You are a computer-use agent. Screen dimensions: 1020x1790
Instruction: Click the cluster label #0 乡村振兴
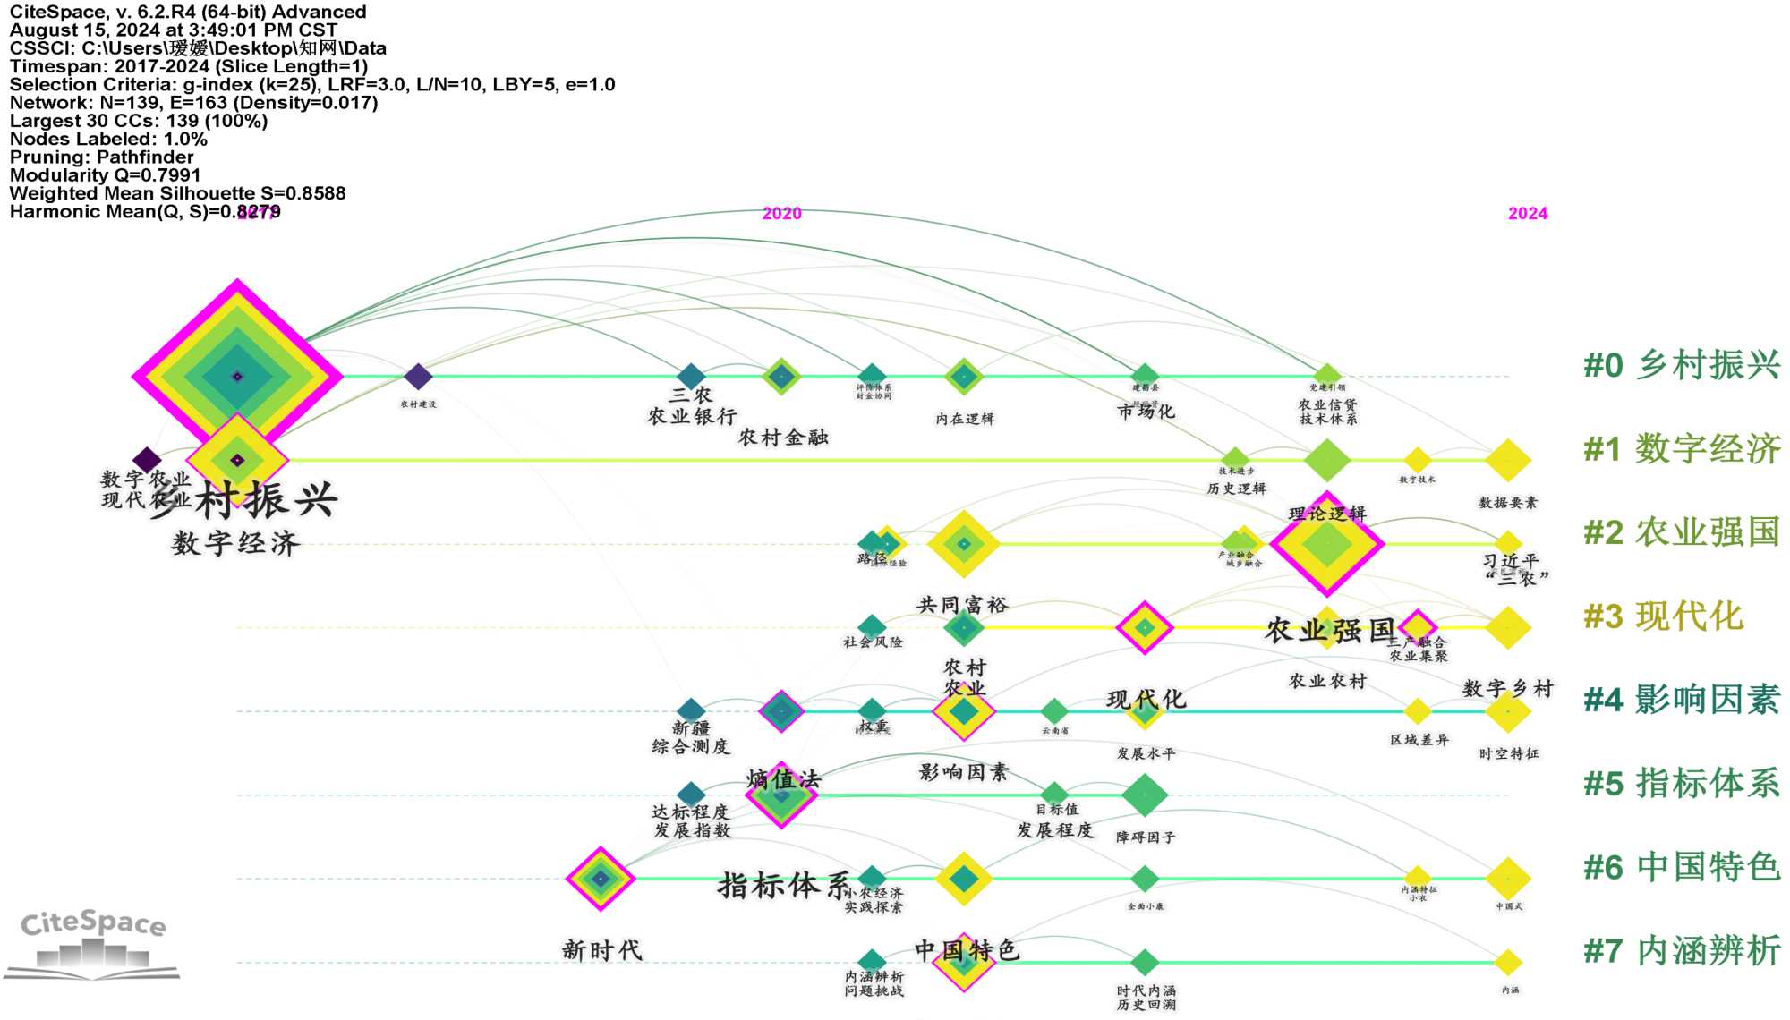point(1681,365)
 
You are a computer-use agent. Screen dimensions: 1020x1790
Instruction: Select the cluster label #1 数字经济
point(1681,449)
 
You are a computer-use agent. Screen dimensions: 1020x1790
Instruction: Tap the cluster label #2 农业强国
point(1681,532)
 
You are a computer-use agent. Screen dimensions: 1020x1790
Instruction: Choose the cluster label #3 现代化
point(1663,616)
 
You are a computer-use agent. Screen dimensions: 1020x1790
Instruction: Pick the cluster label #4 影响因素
point(1681,700)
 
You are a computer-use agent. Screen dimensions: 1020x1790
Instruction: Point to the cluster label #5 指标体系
point(1681,784)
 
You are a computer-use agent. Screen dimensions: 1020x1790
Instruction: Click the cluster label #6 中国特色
point(1681,867)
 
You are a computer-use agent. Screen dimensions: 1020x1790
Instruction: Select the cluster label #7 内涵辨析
point(1681,951)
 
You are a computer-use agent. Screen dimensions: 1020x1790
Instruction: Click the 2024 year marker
point(1527,214)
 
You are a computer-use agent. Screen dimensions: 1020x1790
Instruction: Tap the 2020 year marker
point(781,214)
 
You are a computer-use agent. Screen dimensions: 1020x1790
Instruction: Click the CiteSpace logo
point(93,944)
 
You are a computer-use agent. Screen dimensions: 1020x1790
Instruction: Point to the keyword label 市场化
point(1146,412)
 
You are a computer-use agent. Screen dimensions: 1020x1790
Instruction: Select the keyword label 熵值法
point(783,778)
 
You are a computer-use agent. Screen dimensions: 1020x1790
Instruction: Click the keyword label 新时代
point(601,950)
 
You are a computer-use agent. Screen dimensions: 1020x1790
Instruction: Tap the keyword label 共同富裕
point(962,605)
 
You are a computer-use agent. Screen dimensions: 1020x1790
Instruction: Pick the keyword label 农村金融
point(783,438)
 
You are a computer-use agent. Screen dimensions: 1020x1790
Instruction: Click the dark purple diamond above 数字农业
point(147,461)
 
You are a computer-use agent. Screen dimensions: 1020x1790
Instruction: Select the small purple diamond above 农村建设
point(418,377)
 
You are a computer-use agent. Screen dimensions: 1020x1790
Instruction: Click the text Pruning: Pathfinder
point(101,157)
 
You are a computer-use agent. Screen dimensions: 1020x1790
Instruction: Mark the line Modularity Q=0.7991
point(105,175)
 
